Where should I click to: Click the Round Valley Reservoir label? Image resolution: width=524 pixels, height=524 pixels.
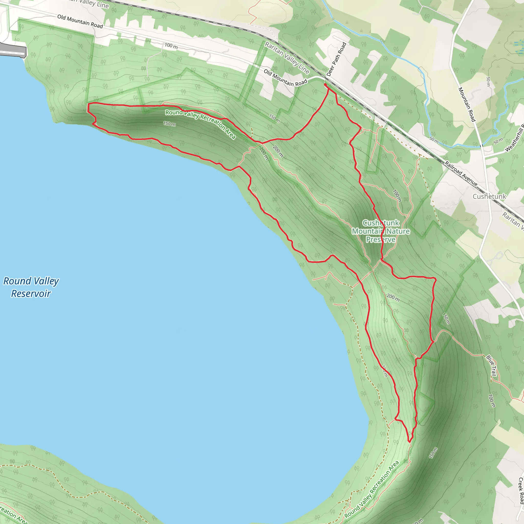[31, 287]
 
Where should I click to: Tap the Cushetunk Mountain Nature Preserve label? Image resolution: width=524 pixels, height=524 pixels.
[381, 231]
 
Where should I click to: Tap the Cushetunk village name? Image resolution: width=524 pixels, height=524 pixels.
[489, 196]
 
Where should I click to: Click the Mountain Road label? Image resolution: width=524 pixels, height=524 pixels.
[467, 104]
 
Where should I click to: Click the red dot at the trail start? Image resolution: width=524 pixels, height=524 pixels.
[325, 85]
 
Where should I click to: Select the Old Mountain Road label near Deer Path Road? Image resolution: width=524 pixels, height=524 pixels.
[286, 78]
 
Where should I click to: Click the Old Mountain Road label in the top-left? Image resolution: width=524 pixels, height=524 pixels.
[80, 21]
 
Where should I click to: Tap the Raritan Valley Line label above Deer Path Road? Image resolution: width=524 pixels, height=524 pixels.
[287, 58]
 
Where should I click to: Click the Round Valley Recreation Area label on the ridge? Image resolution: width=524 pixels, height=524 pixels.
[200, 124]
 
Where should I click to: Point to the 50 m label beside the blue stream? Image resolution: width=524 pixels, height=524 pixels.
[434, 140]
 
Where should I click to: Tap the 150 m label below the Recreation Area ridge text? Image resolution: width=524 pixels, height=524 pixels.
[170, 124]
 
